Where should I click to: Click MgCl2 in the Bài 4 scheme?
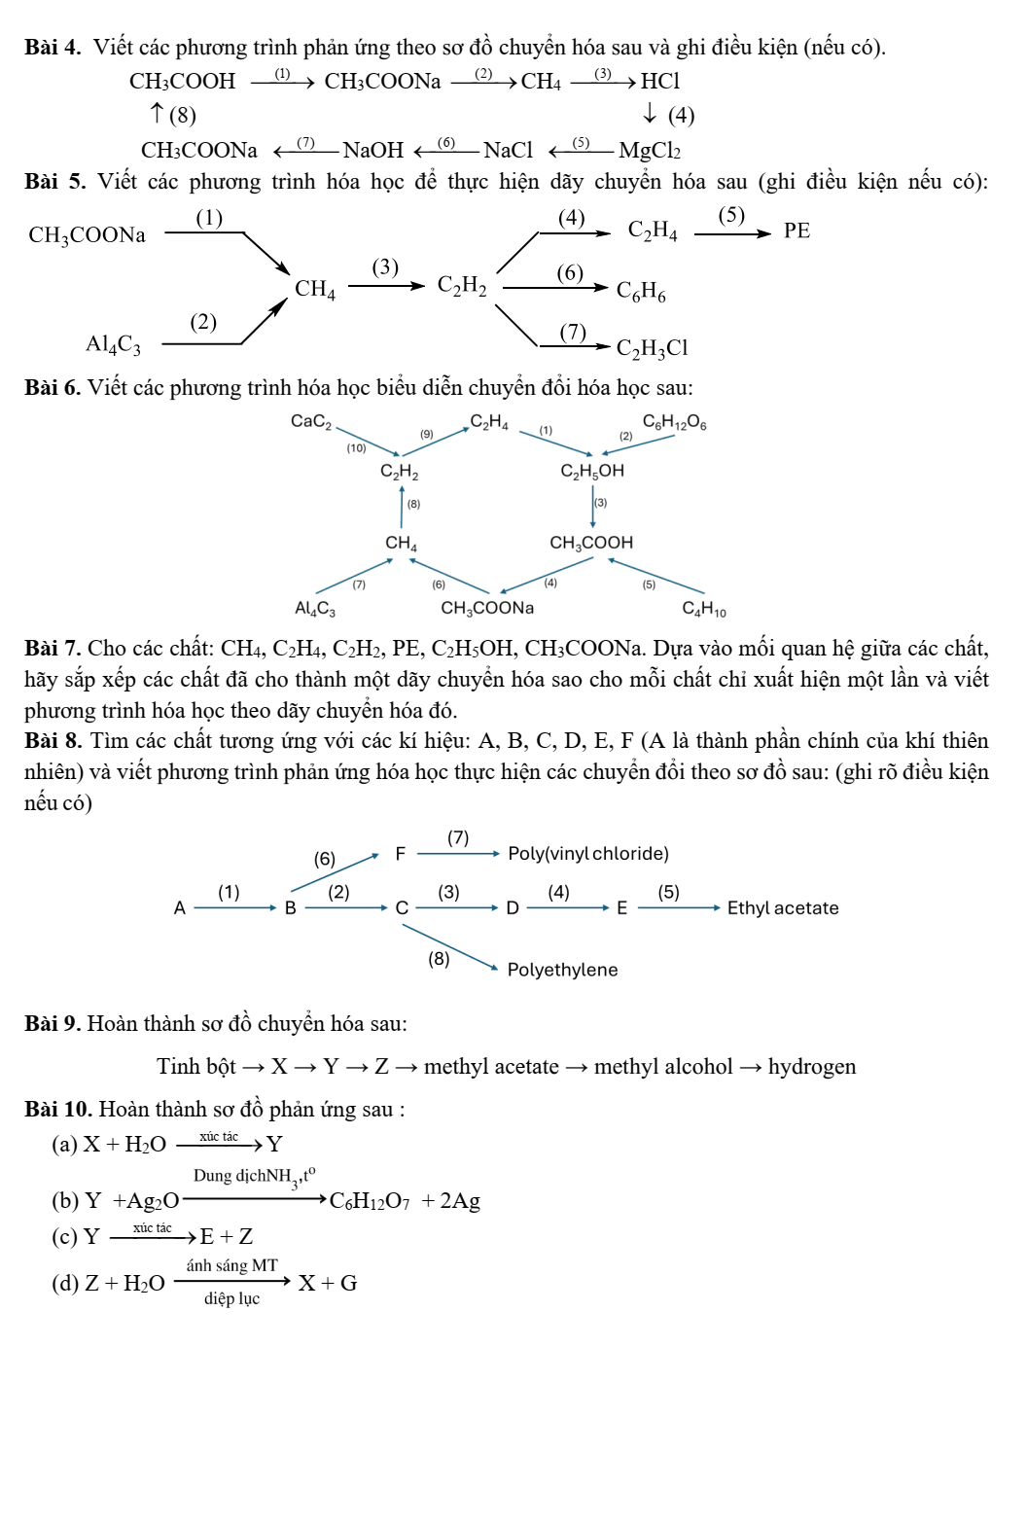coord(650,151)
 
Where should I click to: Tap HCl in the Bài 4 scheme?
coord(660,82)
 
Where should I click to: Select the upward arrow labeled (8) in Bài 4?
coord(157,115)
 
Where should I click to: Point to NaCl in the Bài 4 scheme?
coord(508,151)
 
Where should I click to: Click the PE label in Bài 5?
coord(797,231)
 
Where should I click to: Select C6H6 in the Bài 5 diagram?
coord(641,291)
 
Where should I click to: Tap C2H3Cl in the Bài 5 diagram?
coord(652,348)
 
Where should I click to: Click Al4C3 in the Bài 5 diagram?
coord(113,344)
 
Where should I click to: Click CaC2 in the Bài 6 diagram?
coord(311,421)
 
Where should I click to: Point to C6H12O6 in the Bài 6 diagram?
coord(675,422)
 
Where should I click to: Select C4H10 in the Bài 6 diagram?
coord(704,610)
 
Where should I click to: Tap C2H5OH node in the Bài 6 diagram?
coord(592,471)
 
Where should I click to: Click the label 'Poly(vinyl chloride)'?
coord(588,854)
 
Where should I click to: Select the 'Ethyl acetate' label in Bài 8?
coord(783,908)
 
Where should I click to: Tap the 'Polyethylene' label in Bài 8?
coord(562,970)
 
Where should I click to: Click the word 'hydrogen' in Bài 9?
coord(812,1067)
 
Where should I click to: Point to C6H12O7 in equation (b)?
coord(372,1201)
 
